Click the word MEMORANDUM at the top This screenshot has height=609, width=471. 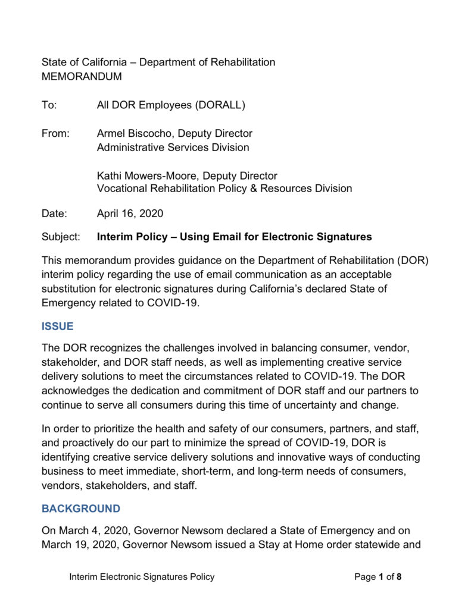[82, 77]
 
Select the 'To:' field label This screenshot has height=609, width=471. [49, 105]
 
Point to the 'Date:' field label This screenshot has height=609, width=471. [54, 213]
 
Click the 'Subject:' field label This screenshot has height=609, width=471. [61, 237]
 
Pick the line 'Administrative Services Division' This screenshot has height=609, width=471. [173, 147]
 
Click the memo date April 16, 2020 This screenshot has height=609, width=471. [130, 213]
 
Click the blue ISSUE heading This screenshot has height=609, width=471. [57, 327]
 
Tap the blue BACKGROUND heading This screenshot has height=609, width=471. [80, 508]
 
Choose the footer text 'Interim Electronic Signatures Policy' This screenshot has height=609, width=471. [142, 576]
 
